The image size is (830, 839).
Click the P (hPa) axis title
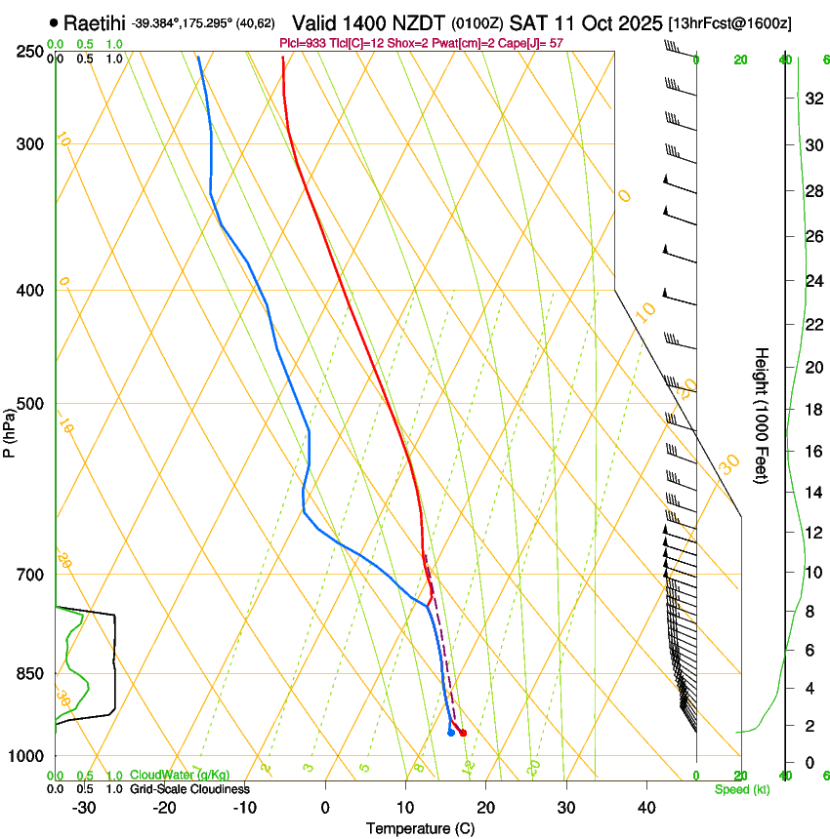tap(10, 430)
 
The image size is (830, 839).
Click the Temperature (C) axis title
tap(419, 828)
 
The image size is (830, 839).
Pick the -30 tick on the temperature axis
tap(84, 807)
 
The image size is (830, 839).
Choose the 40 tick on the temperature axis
tap(646, 807)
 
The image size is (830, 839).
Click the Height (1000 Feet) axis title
tap(763, 415)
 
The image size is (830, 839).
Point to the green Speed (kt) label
tap(741, 789)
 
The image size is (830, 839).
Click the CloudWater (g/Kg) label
tap(180, 776)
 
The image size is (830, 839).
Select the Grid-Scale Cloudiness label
tap(189, 788)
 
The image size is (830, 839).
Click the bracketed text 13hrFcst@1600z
tap(729, 22)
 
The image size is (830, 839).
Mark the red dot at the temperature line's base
tap(463, 733)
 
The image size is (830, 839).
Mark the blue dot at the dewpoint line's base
tap(450, 732)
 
